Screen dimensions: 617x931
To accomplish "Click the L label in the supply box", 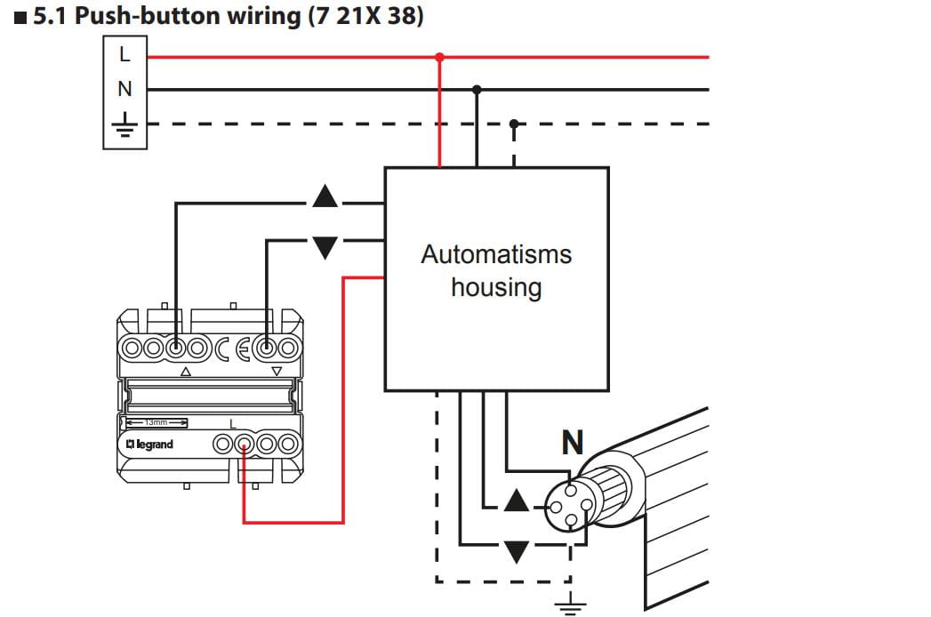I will click(124, 55).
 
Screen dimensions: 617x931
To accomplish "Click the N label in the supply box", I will click(124, 89).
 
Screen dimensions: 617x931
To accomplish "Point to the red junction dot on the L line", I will click(439, 57).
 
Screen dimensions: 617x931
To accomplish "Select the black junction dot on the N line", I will click(477, 90).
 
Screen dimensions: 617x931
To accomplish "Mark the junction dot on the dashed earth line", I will click(513, 123).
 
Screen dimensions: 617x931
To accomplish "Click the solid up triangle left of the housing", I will click(325, 196).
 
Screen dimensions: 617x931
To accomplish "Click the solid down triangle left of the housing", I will click(325, 247).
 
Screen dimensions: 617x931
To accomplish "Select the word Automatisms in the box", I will click(495, 254).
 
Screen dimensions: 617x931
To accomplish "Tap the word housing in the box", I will click(495, 287).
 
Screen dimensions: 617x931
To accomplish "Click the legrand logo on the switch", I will click(148, 444).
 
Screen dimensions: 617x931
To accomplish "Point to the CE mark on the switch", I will click(234, 347).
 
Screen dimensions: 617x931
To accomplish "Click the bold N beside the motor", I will click(573, 442).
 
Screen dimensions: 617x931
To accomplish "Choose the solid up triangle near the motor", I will click(516, 501).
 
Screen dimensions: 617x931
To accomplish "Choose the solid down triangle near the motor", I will click(516, 552).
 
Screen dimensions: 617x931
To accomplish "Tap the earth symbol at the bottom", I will click(569, 606).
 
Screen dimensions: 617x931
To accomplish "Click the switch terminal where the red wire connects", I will click(244, 443).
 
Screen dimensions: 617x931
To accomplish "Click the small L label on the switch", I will click(233, 423).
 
